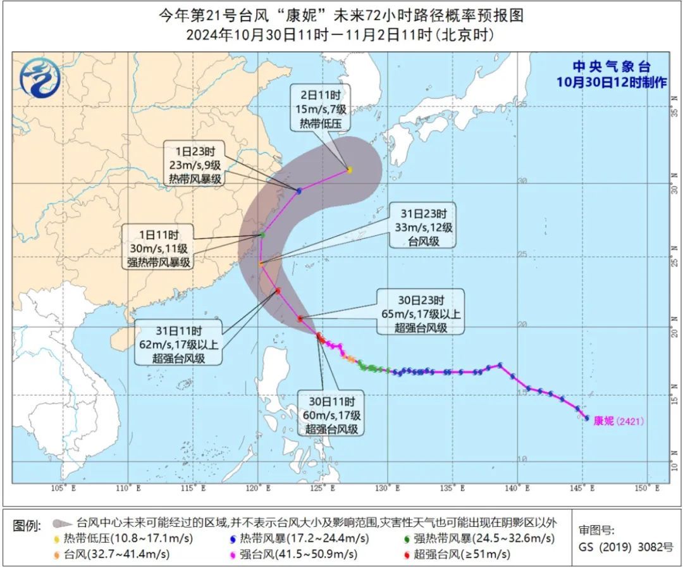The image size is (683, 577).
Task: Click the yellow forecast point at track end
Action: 349,170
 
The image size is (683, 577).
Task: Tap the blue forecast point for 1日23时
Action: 298,190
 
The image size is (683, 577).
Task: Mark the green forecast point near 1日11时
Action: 262,235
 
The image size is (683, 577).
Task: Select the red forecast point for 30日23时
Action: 300,318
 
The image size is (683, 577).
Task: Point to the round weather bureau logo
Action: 39,77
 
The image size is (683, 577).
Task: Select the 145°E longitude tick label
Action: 583,488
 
